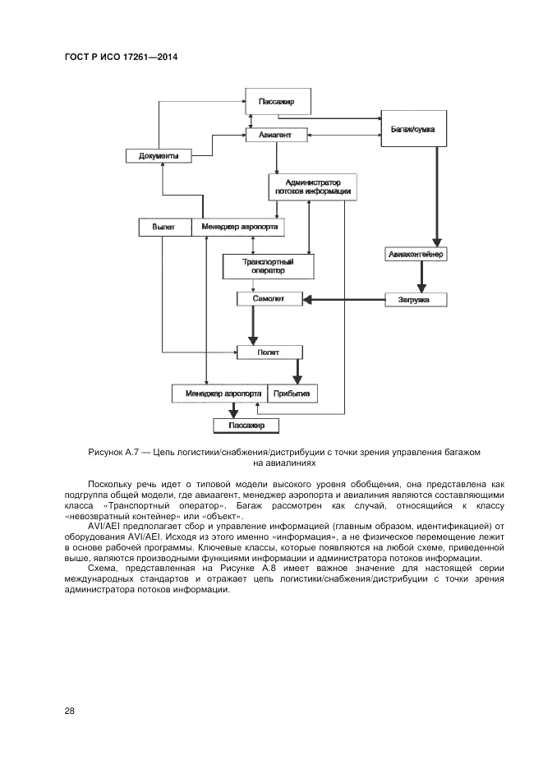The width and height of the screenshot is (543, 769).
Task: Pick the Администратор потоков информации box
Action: coord(310,186)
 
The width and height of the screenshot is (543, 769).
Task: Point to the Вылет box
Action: coord(164,227)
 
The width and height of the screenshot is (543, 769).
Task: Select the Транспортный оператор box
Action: coord(268,265)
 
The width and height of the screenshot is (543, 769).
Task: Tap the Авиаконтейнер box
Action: coord(416,254)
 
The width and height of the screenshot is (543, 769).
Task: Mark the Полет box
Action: coord(269,352)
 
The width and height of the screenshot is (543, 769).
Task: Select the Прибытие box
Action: coord(291,394)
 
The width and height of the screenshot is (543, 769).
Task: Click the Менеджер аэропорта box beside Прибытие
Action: coord(219,394)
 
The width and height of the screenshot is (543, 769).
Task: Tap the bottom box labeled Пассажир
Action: coord(246,426)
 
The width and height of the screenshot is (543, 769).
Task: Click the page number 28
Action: coord(69,711)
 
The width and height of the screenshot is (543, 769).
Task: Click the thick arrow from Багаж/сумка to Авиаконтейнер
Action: coord(435,196)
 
